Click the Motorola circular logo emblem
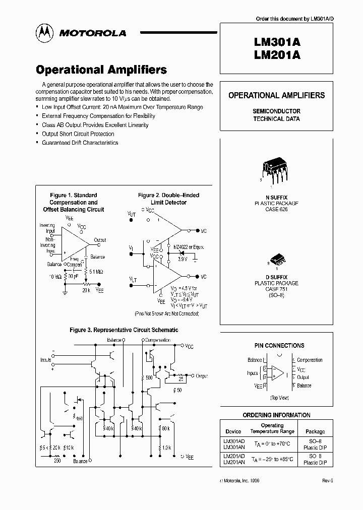(44, 32)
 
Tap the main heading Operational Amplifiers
(101, 70)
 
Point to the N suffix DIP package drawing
(276, 170)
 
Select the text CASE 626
(276, 209)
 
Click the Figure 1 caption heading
(74, 202)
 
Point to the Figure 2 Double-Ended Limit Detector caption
(168, 199)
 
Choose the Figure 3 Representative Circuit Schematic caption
(124, 330)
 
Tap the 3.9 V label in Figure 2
(182, 259)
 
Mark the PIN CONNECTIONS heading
(279, 346)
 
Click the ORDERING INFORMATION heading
(277, 415)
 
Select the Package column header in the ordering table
(315, 431)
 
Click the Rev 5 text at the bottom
(328, 481)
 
